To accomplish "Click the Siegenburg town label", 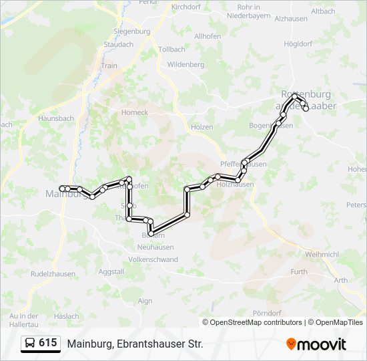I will coord(131,31).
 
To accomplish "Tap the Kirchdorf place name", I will coord(186,7).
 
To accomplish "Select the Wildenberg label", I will coord(186,64).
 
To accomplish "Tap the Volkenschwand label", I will coord(153,259).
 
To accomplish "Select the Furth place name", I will coord(299,271).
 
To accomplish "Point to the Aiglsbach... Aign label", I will coord(145,302).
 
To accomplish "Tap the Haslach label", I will coord(67,316).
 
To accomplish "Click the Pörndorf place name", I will coord(266,313).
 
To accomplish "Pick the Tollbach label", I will coord(171,49).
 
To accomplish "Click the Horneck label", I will coord(134,112).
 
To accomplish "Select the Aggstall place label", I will coord(111,272).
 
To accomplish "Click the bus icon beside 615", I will coord(30,344).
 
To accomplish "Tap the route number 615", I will coord(47,343).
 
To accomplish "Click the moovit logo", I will coord(316,344).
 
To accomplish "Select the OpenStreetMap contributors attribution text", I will coord(255,322).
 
